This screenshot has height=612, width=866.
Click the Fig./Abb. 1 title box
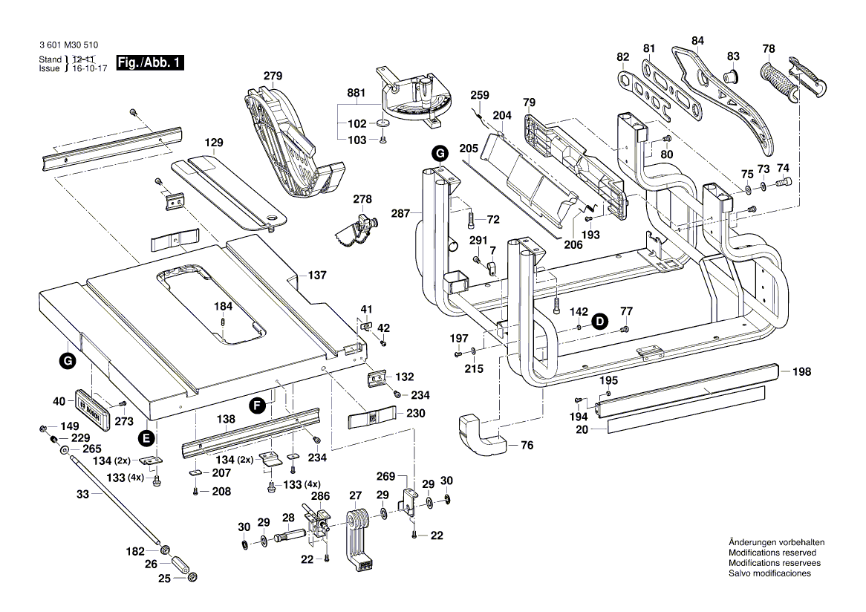click(x=149, y=63)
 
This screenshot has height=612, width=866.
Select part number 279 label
click(x=273, y=76)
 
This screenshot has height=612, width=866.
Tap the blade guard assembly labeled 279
click(x=286, y=145)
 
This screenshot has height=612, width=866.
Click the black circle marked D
click(x=599, y=321)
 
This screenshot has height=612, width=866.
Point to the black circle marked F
click(x=257, y=405)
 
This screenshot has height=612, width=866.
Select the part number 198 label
click(x=801, y=371)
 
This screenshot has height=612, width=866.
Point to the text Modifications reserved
click(x=772, y=553)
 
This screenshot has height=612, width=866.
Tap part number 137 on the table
click(x=317, y=276)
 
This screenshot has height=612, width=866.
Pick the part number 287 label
click(x=400, y=213)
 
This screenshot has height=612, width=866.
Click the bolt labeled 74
click(x=784, y=183)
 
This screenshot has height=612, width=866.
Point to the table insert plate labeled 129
click(x=230, y=189)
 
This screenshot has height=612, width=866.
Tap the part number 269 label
click(x=385, y=476)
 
